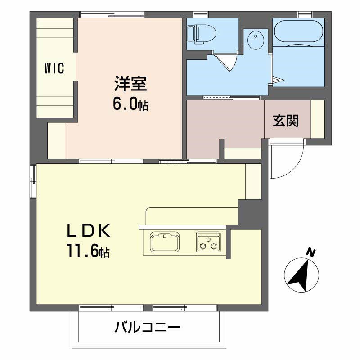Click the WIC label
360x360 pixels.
tap(54, 69)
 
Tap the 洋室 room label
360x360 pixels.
tap(130, 84)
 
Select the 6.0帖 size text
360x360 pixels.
tap(130, 104)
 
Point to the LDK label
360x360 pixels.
tap(89, 231)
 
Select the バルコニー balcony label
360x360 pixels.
tap(147, 327)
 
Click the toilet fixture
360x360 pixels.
tap(202, 33)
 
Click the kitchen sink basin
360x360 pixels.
tap(165, 243)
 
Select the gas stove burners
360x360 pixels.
tap(208, 242)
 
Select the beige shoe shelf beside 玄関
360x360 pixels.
tap(318, 119)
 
